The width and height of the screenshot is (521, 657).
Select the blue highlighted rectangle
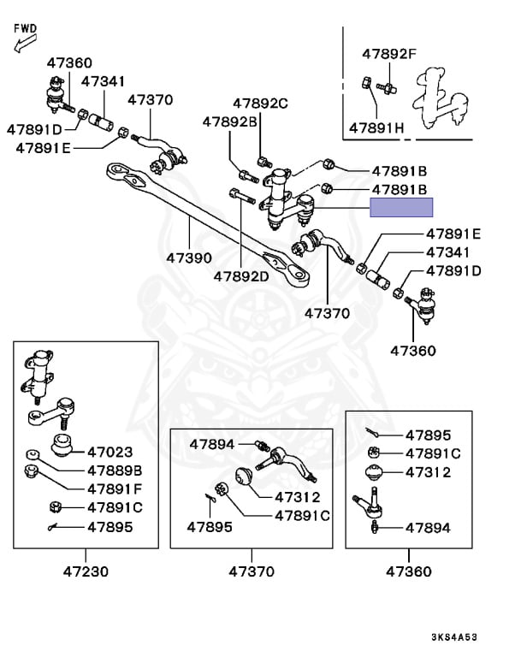point(401,207)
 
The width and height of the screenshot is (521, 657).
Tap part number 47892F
point(388,54)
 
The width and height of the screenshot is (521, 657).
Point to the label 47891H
point(376,128)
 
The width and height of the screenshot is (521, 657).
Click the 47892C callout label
point(258,104)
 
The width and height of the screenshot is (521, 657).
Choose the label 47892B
point(230,121)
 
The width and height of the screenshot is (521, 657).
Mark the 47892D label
point(241,276)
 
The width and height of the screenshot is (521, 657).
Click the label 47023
point(110,452)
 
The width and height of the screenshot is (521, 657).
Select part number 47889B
point(114,471)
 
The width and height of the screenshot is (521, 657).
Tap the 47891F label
point(114,488)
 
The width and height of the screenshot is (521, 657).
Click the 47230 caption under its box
point(86,571)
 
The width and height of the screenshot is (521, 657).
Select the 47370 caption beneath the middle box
point(252,571)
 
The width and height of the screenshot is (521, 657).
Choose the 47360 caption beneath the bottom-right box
point(408,571)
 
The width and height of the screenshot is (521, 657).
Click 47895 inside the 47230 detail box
point(110,527)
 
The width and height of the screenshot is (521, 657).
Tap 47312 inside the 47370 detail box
point(297,497)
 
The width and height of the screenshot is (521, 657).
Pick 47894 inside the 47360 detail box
point(427,528)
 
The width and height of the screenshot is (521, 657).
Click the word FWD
point(26,28)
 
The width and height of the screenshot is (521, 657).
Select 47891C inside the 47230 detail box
point(114,507)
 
